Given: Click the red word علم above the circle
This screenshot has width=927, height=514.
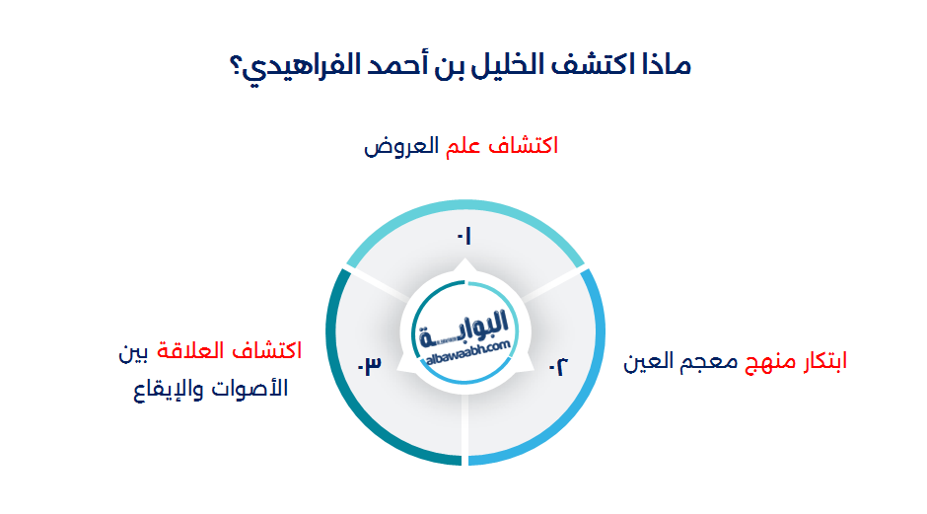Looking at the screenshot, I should [x=463, y=146].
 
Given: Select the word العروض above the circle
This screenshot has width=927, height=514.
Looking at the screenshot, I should [x=400, y=147].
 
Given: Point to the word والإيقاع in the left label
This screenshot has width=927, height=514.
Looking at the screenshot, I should [x=173, y=388].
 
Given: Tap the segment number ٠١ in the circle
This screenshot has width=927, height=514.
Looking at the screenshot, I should [x=463, y=236].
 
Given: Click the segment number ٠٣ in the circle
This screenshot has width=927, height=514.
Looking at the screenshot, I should [x=369, y=366].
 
